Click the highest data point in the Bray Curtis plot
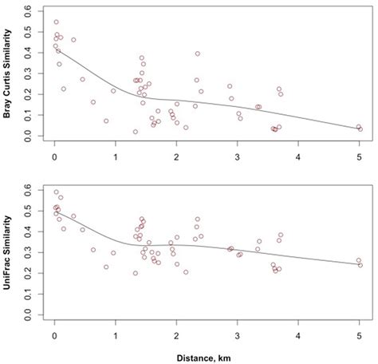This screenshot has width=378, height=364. tap(56, 22)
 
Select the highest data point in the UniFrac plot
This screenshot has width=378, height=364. tap(56, 192)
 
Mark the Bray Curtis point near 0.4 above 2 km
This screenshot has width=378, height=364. tap(198, 53)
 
